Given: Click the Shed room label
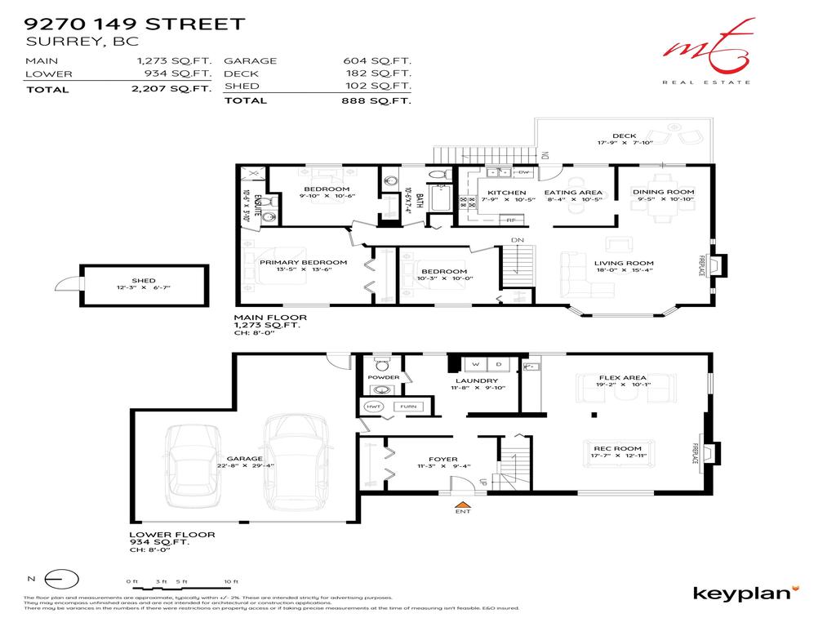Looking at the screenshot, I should point(143,280).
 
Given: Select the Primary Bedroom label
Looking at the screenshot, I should point(303,262).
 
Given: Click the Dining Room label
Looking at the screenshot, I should point(663,192).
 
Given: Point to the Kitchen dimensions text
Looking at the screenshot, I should point(506,200).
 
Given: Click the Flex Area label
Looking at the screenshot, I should point(622,378).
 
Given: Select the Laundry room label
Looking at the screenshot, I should point(477,380).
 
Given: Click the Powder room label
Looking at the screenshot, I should point(384,377).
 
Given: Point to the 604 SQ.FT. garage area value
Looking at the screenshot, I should point(376,60).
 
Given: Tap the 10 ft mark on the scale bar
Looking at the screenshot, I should point(235,580).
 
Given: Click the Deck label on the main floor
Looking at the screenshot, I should point(624,136).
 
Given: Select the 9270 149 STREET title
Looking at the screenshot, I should point(135,24).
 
